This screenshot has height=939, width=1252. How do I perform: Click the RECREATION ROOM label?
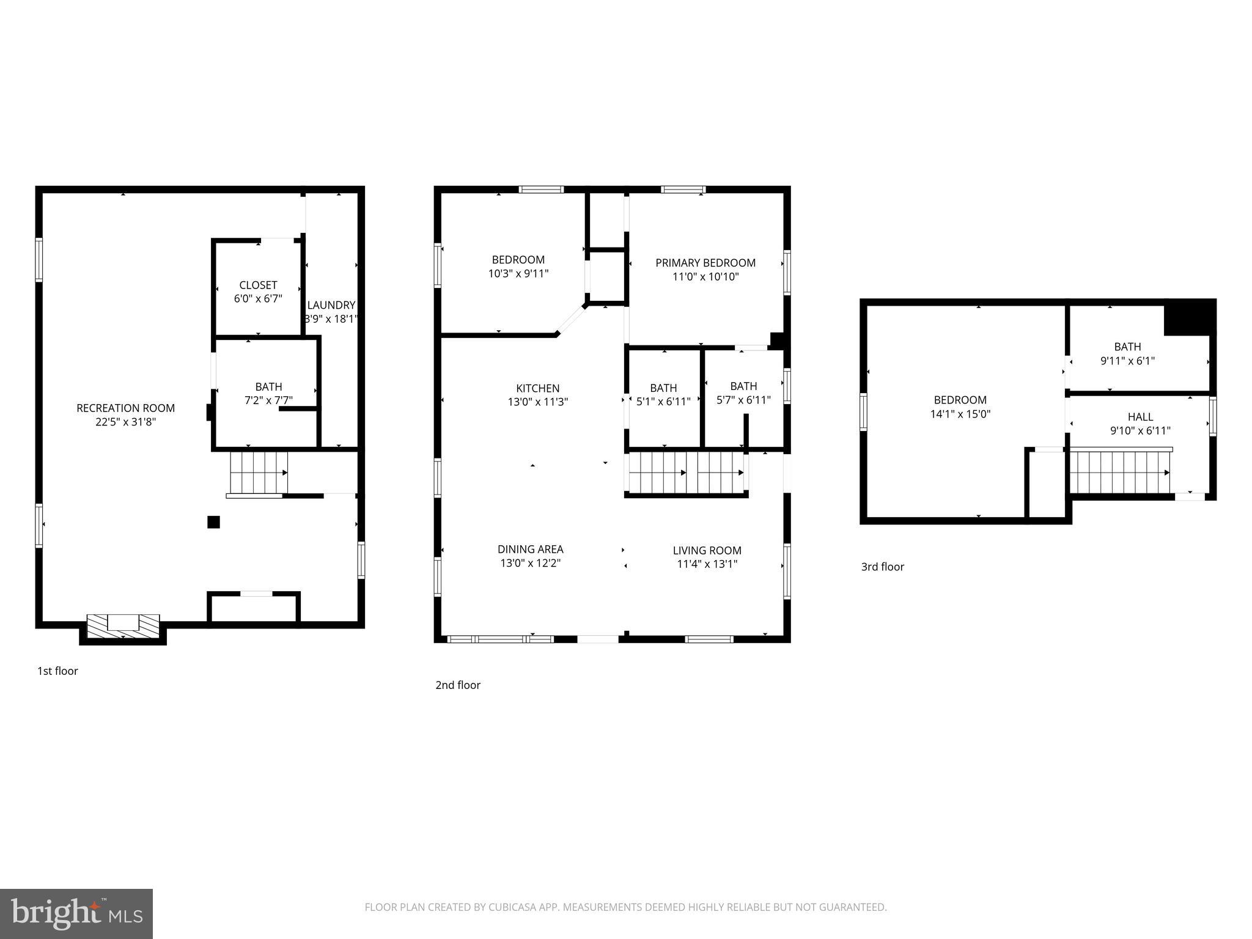(x=125, y=408)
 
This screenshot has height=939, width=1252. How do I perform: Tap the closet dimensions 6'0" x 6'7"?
(x=258, y=299)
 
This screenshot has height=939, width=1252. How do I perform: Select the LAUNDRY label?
(x=331, y=305)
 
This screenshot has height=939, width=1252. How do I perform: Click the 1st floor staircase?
(x=258, y=472)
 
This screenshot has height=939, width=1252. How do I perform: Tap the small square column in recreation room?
(x=213, y=522)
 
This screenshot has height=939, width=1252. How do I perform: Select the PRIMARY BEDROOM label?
(x=705, y=263)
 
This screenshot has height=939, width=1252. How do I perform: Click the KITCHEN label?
(x=537, y=388)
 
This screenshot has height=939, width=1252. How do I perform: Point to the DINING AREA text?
(x=530, y=549)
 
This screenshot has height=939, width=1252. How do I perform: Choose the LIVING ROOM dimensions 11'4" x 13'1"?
(x=707, y=564)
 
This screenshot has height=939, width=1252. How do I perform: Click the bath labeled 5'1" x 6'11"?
(x=663, y=394)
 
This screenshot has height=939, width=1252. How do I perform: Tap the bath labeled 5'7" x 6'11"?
(x=743, y=393)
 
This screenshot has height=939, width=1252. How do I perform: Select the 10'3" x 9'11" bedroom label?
(x=518, y=274)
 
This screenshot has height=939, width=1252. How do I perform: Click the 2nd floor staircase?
(x=686, y=473)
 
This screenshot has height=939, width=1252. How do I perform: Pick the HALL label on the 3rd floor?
(x=1140, y=417)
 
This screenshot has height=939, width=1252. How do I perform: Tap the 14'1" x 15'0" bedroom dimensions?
(x=960, y=414)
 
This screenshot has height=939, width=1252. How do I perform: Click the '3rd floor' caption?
(x=882, y=567)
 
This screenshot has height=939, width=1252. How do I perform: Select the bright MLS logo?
(x=76, y=914)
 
